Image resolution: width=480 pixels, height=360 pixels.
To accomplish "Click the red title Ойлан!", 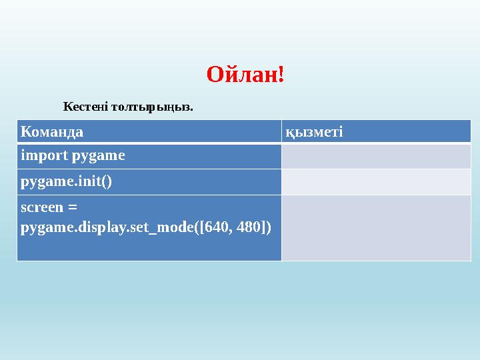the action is coord(245,75).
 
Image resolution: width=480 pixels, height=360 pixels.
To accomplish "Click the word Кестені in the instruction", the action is coord(85,107).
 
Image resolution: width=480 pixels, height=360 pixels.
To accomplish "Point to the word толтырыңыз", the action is coord(152,107).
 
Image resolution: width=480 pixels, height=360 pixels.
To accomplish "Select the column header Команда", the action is coord(52,132).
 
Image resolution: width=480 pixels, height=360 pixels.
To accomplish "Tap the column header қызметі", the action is coord(314,132).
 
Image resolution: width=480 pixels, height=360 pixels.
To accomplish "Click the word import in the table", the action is coord(45,155).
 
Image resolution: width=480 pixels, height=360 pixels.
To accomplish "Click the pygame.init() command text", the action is coord(66,182).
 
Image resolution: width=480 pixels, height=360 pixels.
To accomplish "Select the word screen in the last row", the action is coord(42,207).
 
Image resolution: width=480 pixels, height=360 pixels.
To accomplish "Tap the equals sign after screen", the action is coord(72,207).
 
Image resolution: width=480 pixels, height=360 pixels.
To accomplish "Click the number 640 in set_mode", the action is coord(216,227).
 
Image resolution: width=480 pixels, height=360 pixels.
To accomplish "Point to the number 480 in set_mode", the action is coord(249,227).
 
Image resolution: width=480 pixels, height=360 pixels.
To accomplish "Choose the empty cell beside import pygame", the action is coord(376,157).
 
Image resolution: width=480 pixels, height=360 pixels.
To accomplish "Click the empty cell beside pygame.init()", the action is coord(376,182).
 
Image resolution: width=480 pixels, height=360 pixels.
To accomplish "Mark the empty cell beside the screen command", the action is coord(376,228).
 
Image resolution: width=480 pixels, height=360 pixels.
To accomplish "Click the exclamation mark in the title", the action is coord(281,75).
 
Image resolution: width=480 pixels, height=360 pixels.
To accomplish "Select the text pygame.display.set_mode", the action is coord(107,228).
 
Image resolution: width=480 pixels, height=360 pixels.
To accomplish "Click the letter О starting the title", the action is coord(216,75).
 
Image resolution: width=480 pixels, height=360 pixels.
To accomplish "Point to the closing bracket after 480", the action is coord(263,227).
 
